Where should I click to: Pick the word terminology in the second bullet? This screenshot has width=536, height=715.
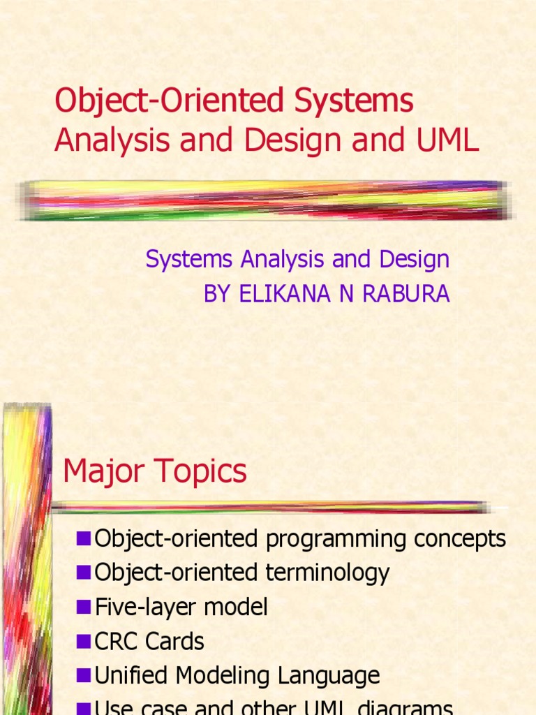coord(327,573)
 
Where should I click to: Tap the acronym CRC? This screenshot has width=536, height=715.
coord(117,641)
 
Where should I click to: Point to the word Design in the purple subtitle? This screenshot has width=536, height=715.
coord(414,260)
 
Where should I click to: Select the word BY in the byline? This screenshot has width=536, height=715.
coord(218,294)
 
